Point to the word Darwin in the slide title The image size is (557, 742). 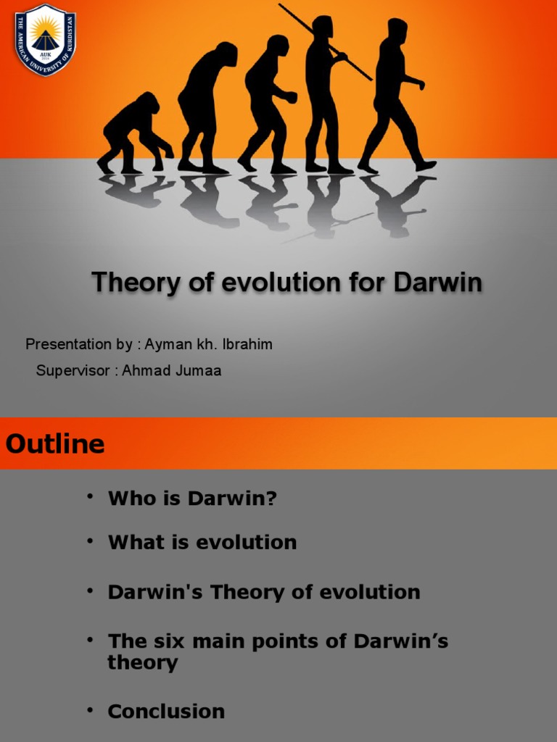pos(437,283)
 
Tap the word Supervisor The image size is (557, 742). pos(73,371)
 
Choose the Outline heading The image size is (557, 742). pos(55,443)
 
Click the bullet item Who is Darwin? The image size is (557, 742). pos(192,499)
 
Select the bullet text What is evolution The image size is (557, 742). pos(202,543)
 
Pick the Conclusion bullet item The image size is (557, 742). pos(166,712)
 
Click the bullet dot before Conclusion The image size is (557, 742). pos(90,709)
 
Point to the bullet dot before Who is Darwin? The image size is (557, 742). pos(90,496)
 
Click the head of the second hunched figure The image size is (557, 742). pos(226,54)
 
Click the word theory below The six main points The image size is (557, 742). pos(143,662)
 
